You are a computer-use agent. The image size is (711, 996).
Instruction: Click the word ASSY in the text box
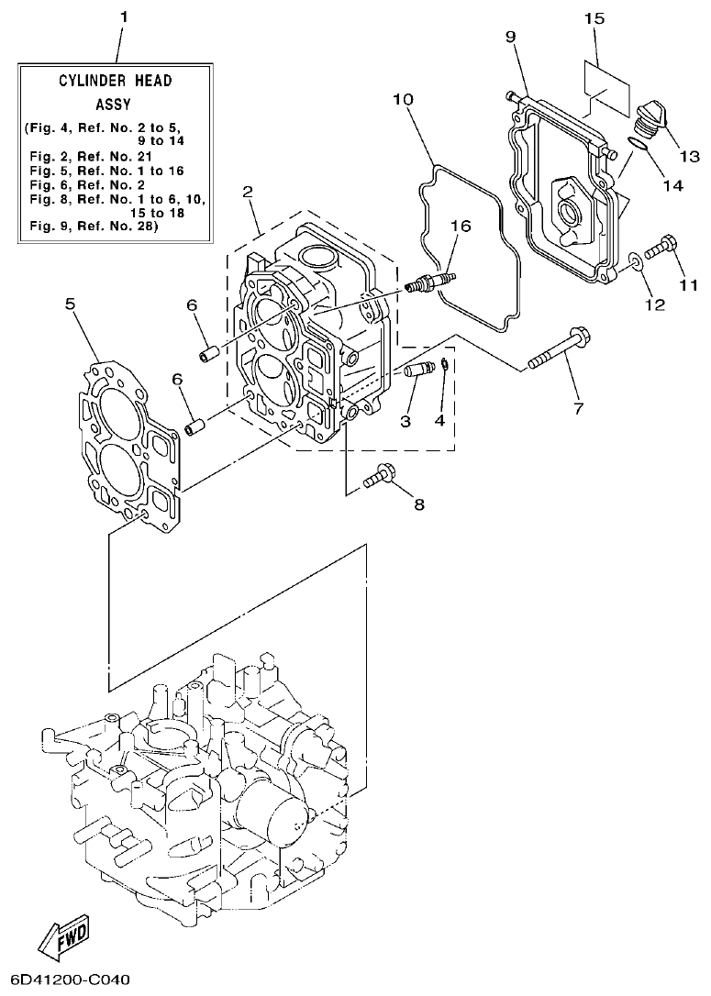[116, 105]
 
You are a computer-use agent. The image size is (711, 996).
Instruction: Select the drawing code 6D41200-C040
[66, 979]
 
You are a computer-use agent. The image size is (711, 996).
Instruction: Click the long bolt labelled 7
[556, 350]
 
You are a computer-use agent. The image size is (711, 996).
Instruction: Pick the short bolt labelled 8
[381, 476]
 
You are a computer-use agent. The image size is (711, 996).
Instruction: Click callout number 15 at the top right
[594, 17]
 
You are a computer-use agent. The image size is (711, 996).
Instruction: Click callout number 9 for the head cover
[510, 36]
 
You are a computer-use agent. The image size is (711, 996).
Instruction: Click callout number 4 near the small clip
[439, 421]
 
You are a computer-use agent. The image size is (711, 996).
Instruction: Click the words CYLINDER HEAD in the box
[116, 81]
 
